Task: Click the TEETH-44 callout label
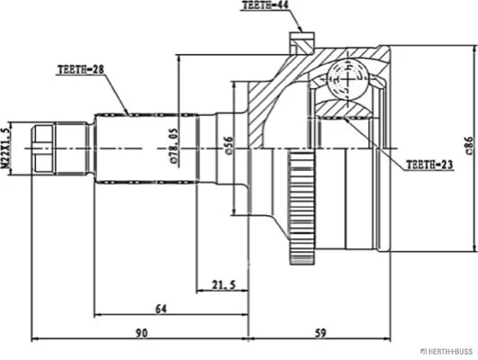click(x=265, y=5)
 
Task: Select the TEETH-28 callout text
click(x=81, y=69)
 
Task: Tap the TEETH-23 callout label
click(x=429, y=165)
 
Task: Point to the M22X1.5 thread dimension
click(x=5, y=148)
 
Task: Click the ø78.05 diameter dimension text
click(x=175, y=147)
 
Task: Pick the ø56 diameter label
click(x=230, y=146)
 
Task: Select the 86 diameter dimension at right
click(x=469, y=145)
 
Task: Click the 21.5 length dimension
click(x=224, y=285)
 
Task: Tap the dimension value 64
click(x=161, y=309)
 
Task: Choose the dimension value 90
click(x=141, y=333)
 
